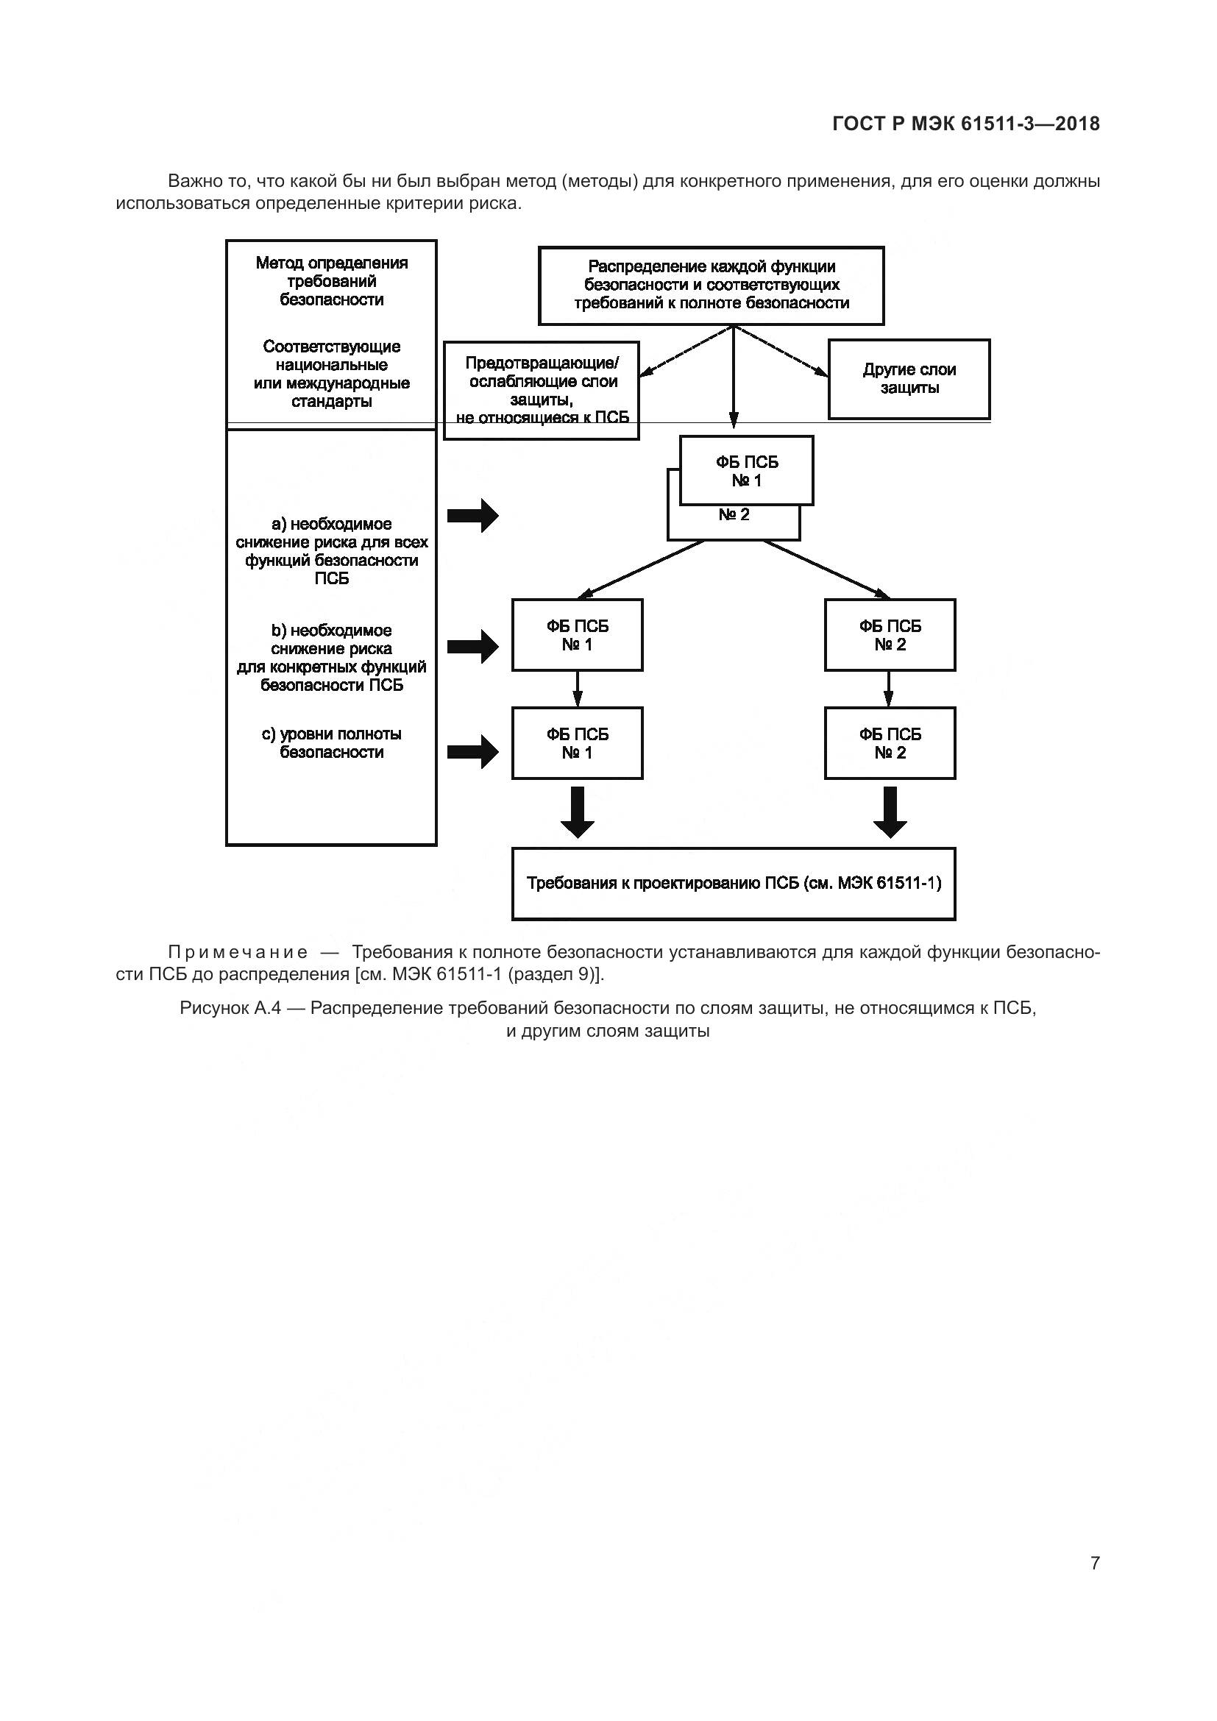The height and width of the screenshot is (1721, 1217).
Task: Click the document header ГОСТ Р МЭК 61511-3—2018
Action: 966,124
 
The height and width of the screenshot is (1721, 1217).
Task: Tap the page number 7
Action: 1095,1563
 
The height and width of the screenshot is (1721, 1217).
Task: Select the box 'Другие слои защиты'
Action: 908,379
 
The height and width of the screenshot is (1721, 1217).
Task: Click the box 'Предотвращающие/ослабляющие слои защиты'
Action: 541,390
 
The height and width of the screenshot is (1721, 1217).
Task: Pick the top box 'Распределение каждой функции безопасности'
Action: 712,285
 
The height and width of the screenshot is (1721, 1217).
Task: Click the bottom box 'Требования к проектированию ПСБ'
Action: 734,884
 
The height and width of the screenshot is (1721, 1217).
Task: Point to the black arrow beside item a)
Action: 473,516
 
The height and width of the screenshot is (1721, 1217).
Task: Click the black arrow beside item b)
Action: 473,646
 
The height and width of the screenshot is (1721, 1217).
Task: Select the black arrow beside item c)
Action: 473,751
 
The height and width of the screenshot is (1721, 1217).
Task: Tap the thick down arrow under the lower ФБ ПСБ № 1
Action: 577,812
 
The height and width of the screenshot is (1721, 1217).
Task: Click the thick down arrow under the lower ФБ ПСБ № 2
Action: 890,812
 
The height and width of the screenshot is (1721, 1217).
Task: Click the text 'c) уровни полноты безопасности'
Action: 331,743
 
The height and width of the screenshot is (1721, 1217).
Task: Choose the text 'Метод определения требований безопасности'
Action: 331,281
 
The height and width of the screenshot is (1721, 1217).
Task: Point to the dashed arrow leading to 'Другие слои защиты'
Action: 783,352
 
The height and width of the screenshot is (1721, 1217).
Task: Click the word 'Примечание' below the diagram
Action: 238,953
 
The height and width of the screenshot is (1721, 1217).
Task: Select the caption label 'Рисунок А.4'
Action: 230,1009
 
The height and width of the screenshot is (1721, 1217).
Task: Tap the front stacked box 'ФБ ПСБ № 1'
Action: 746,471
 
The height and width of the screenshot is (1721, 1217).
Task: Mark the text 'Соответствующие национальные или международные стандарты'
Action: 331,374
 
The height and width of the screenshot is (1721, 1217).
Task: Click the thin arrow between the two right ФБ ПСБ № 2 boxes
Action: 889,689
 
